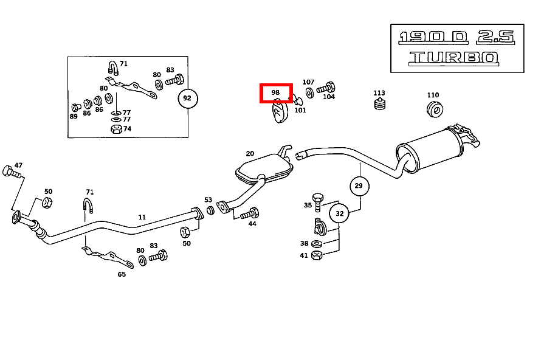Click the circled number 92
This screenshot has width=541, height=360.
(x=187, y=98)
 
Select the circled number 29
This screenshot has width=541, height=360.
(x=359, y=185)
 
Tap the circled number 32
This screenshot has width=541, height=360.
(x=339, y=213)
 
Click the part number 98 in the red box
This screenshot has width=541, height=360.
(x=275, y=93)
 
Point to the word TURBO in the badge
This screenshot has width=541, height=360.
(x=453, y=58)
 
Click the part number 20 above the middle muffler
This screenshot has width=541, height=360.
(x=250, y=154)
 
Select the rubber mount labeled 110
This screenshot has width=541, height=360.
(x=435, y=109)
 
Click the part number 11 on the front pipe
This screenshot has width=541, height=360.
(x=142, y=216)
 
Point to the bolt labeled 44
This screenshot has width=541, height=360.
(x=250, y=213)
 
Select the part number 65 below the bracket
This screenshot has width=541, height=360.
(x=122, y=274)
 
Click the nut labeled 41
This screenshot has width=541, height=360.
(x=316, y=255)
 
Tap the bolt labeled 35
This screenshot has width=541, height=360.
(x=317, y=199)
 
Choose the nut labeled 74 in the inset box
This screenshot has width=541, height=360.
(x=115, y=129)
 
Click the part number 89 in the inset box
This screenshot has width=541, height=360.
(x=74, y=116)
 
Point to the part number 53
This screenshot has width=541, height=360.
(x=208, y=200)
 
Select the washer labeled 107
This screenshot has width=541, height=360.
(x=310, y=92)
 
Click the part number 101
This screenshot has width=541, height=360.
(x=300, y=110)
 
